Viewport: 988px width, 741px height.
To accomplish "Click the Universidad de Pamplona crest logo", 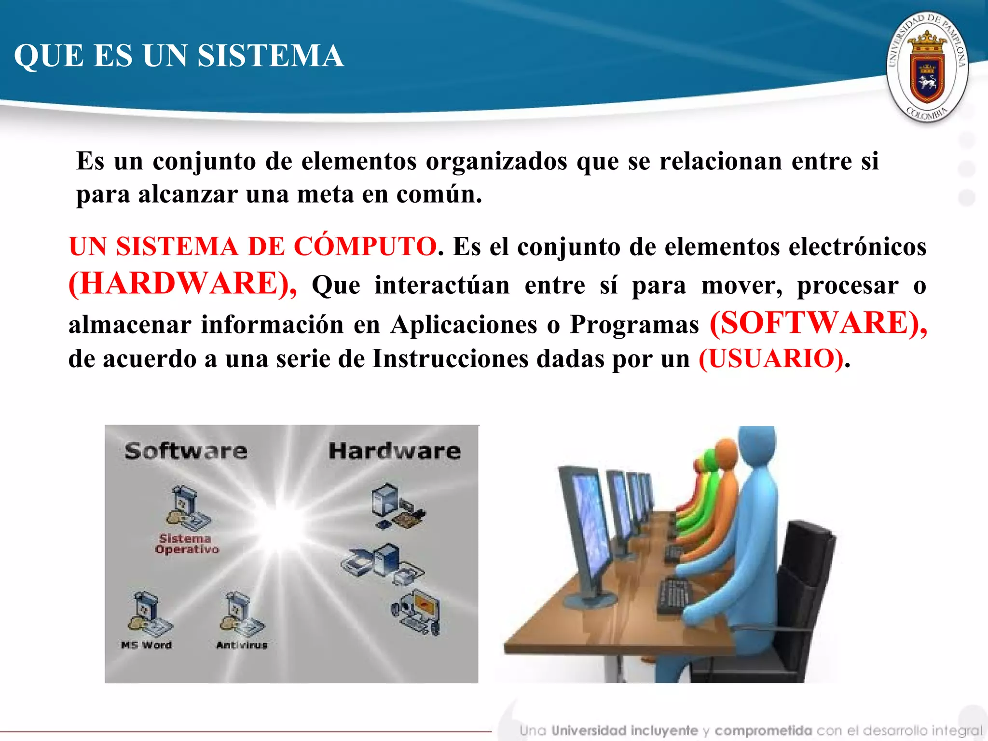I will (927, 67).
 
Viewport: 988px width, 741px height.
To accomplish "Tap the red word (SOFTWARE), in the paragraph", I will (818, 323).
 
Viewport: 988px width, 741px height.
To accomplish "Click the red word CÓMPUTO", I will (365, 247).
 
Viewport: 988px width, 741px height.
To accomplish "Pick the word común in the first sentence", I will (439, 194).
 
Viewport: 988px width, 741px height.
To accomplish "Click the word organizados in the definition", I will (496, 161).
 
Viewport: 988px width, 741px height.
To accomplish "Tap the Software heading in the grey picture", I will (186, 451).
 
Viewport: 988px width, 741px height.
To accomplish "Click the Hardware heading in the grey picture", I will (394, 451).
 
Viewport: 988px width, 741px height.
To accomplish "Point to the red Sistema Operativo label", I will (186, 544).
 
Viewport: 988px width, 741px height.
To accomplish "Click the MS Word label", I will (146, 645).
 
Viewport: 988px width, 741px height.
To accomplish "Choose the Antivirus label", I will (242, 645).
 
